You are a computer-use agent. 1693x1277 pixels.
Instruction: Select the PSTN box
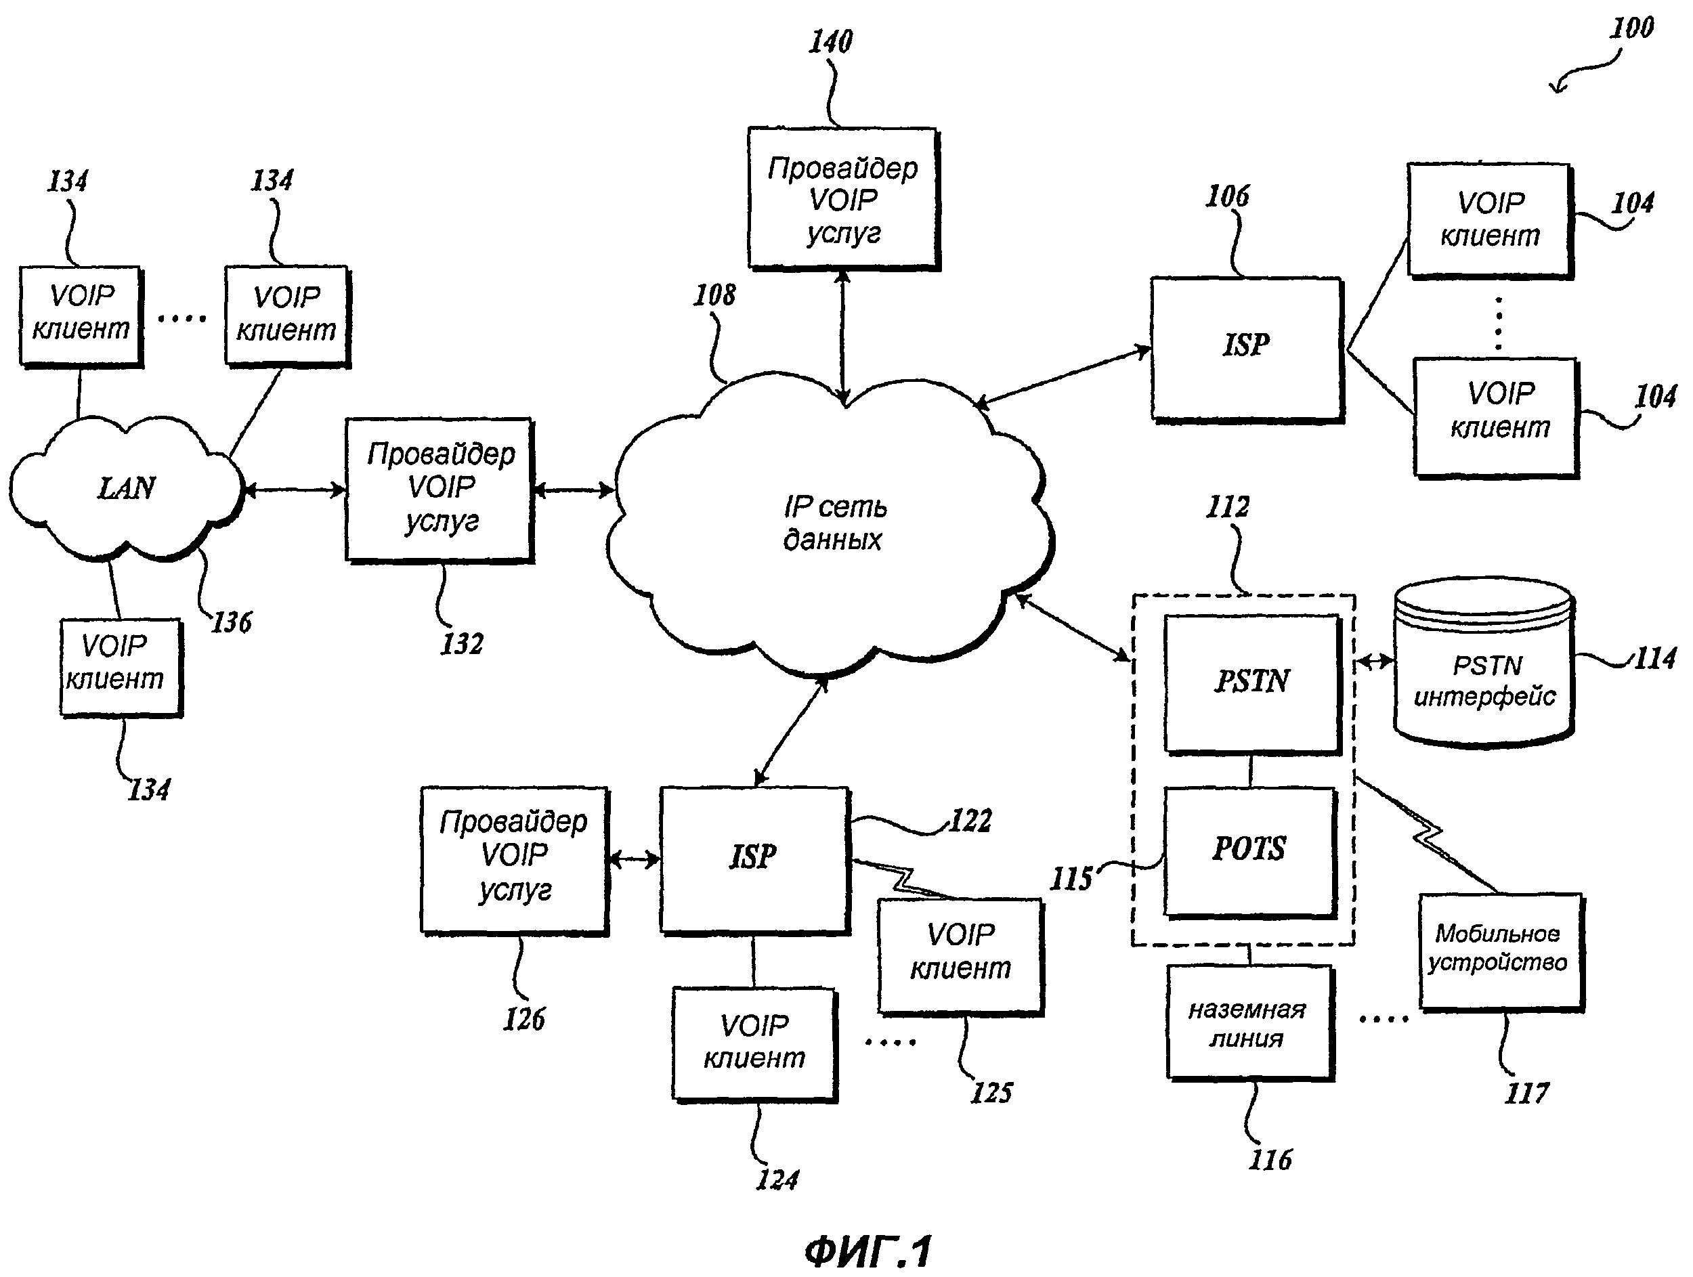[1252, 683]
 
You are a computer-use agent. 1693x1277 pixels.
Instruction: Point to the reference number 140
[830, 42]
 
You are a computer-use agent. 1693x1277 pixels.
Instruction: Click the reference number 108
[714, 295]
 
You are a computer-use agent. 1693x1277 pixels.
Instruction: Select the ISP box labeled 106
[1247, 347]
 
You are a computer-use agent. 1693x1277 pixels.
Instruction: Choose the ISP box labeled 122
[754, 859]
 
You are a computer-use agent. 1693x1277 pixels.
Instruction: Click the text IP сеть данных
[834, 523]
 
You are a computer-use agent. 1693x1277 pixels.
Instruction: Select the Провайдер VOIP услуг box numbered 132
[440, 489]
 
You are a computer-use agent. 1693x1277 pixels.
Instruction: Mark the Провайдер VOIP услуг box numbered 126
[514, 859]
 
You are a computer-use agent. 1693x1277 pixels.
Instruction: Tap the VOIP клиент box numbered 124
[754, 1043]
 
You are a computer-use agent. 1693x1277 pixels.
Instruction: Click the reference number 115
[1071, 879]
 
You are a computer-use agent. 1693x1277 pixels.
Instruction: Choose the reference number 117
[1526, 1094]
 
